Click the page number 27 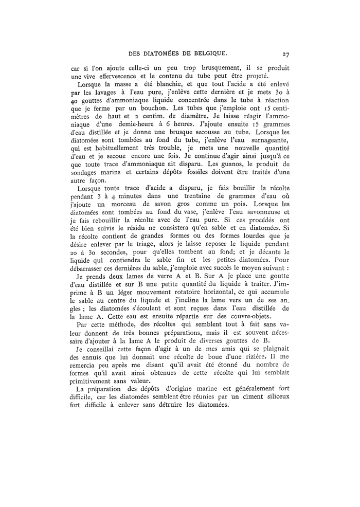(286, 52)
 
